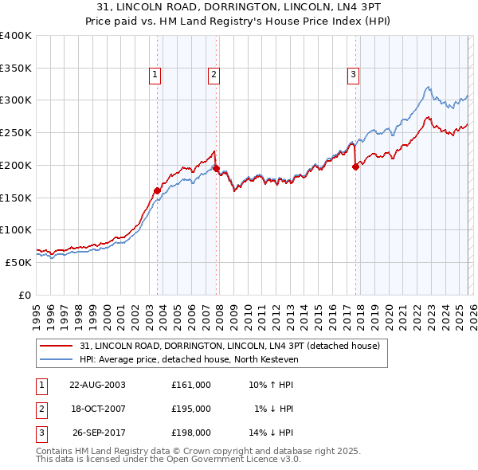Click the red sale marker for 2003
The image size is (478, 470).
click(157, 190)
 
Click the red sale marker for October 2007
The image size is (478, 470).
click(216, 168)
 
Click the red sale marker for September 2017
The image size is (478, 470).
click(355, 166)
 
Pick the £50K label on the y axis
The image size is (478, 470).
click(18, 262)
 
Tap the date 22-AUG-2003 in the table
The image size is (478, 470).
click(97, 384)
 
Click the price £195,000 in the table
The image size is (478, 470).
click(190, 409)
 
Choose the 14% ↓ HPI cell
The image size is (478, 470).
click(272, 433)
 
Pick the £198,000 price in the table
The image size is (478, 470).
click(190, 433)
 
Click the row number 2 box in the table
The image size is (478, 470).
click(41, 409)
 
